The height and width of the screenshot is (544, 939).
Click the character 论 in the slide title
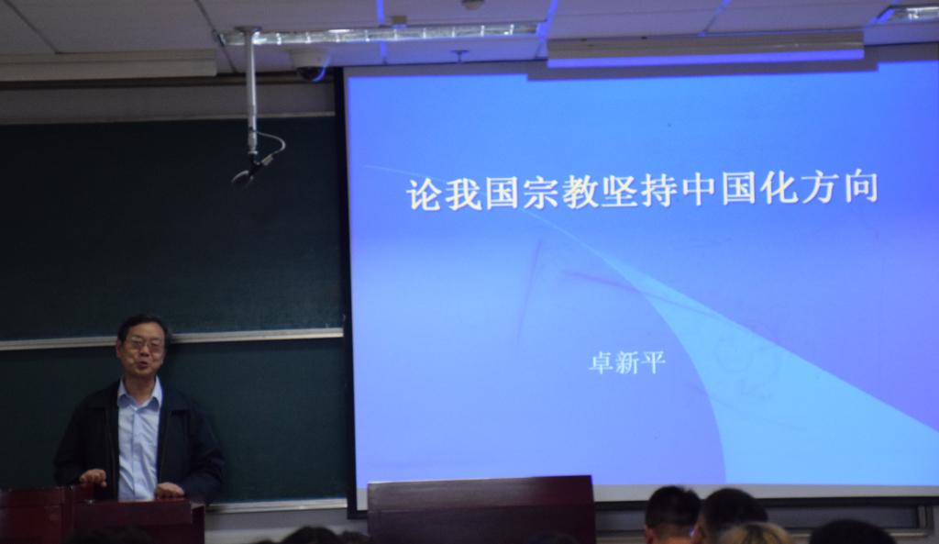[425, 193]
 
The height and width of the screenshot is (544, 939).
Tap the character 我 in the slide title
[463, 193]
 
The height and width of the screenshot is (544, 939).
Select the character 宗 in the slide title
[541, 193]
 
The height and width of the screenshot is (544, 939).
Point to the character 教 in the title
[580, 192]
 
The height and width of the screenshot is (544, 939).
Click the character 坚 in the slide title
[619, 191]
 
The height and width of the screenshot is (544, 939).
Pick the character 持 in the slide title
[658, 191]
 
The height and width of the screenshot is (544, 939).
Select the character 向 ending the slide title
[860, 187]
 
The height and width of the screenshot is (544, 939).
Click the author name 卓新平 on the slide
[627, 362]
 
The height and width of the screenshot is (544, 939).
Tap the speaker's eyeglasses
[144, 344]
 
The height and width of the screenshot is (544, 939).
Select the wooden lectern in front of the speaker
[102, 516]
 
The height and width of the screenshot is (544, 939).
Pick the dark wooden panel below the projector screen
[481, 510]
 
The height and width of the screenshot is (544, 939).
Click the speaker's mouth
[142, 363]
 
